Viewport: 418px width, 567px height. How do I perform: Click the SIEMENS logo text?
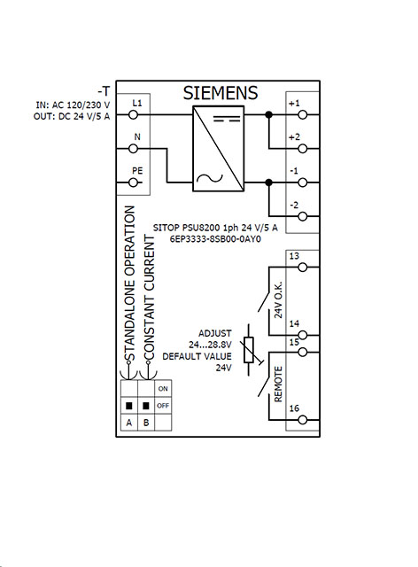click(221, 93)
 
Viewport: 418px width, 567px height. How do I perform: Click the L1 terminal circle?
click(134, 114)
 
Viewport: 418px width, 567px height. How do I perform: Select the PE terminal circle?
click(134, 183)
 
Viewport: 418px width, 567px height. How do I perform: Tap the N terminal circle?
click(134, 149)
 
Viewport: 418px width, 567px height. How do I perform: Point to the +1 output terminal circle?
click(303, 114)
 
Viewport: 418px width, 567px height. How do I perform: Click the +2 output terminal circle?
click(303, 149)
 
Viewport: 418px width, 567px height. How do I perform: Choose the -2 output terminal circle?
click(303, 216)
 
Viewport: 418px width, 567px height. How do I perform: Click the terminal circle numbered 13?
click(303, 268)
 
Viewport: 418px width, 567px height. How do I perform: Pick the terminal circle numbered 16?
click(303, 420)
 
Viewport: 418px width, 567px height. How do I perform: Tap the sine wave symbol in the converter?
click(209, 178)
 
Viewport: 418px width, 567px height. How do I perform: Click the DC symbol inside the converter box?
click(227, 119)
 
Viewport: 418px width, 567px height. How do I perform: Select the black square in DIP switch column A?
click(129, 406)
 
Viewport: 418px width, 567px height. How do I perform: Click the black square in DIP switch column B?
click(146, 406)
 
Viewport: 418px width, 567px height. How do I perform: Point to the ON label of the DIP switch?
click(163, 389)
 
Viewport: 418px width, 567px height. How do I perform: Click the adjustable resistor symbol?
click(250, 350)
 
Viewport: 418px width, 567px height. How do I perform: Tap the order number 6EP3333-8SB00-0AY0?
click(215, 239)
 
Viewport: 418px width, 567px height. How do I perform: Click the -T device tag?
click(104, 90)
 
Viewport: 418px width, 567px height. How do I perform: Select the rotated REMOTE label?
click(278, 384)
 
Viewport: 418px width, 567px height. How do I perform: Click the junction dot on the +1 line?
click(268, 114)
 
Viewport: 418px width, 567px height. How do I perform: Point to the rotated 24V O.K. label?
click(278, 299)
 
